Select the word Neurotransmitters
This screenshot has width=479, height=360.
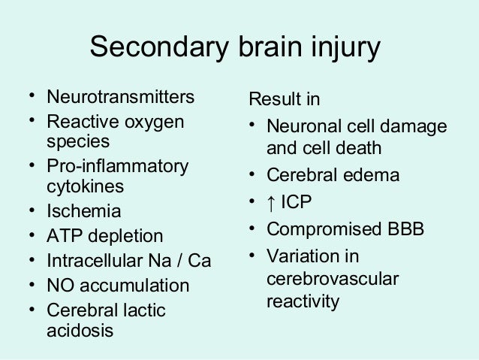pyautogui.click(x=121, y=98)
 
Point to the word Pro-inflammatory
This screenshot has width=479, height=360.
pyautogui.click(x=118, y=165)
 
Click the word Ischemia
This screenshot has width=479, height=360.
pyautogui.click(x=83, y=211)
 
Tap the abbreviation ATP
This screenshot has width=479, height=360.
pyautogui.click(x=63, y=237)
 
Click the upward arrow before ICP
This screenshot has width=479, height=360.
pyautogui.click(x=273, y=203)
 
